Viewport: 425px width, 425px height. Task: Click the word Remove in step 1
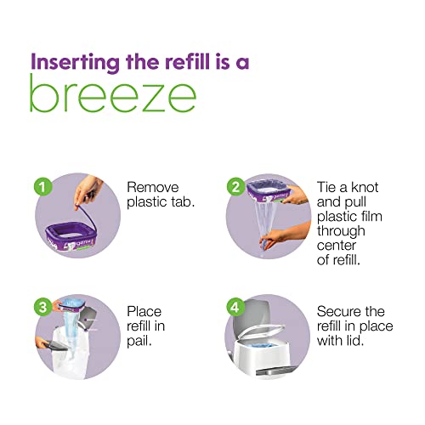[154, 188]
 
